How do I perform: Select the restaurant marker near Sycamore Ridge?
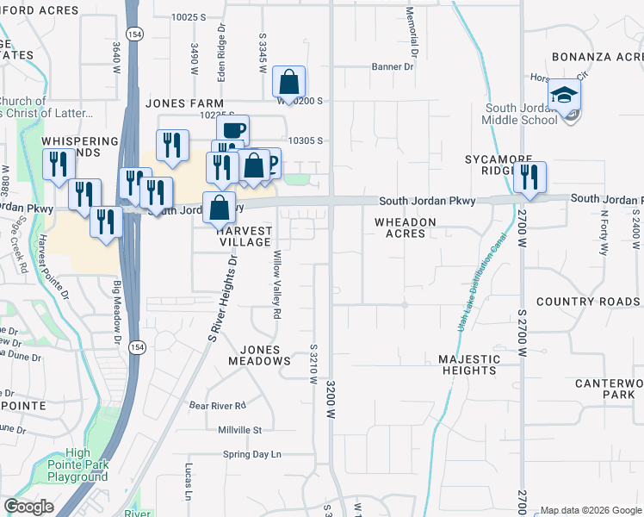pos(529,177)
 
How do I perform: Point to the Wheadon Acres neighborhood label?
pos(405,227)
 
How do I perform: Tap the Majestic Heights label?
pos(468,364)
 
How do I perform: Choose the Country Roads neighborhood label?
pos(588,302)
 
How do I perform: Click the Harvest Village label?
pos(245,237)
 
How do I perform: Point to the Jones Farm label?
pos(178,103)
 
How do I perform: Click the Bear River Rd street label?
pos(218,405)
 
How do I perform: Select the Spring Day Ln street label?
pos(252,454)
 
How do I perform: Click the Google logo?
pos(28,507)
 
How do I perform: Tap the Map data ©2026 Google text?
pos(591,510)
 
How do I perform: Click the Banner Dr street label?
pos(393,66)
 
